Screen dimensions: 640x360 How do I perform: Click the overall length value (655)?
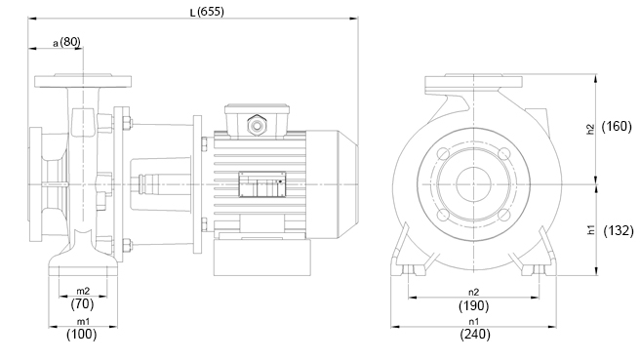(211, 12)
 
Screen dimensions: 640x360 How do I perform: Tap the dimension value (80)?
(70, 42)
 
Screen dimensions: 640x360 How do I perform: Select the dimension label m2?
(83, 291)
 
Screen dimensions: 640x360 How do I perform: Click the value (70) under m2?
(83, 303)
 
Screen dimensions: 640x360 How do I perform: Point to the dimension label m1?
(83, 322)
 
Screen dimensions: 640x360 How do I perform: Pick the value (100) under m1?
(82, 335)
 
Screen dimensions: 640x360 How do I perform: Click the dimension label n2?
(473, 293)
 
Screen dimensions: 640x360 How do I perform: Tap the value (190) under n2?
(473, 305)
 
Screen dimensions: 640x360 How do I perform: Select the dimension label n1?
(473, 322)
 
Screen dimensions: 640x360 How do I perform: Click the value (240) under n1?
(475, 335)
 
